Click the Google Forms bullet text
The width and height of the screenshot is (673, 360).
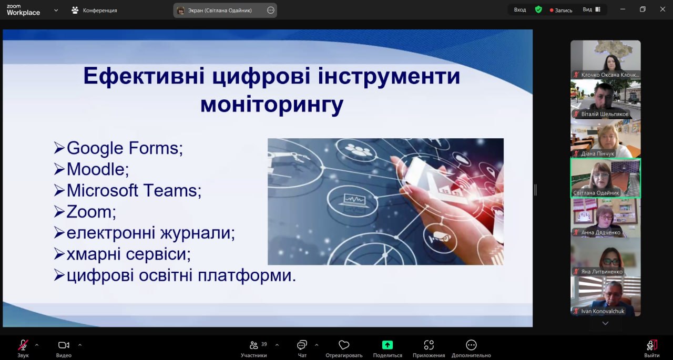(125, 148)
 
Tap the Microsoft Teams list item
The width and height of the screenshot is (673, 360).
(134, 190)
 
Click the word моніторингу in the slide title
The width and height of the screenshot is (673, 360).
(272, 105)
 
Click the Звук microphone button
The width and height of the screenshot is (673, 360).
(23, 349)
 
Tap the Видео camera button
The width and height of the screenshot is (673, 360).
(64, 349)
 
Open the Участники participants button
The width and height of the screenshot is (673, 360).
(254, 349)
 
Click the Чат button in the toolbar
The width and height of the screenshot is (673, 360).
(302, 349)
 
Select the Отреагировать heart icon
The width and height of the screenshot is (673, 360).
(344, 345)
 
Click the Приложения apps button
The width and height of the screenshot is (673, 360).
(429, 349)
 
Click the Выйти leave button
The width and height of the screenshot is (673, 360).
(651, 349)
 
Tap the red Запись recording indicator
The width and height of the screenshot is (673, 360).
(561, 10)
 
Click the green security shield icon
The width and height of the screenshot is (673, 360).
(538, 9)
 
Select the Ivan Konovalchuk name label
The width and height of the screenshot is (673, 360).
(603, 311)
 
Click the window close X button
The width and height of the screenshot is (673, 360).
(662, 9)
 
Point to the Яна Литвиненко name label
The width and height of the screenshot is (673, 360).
(602, 272)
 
